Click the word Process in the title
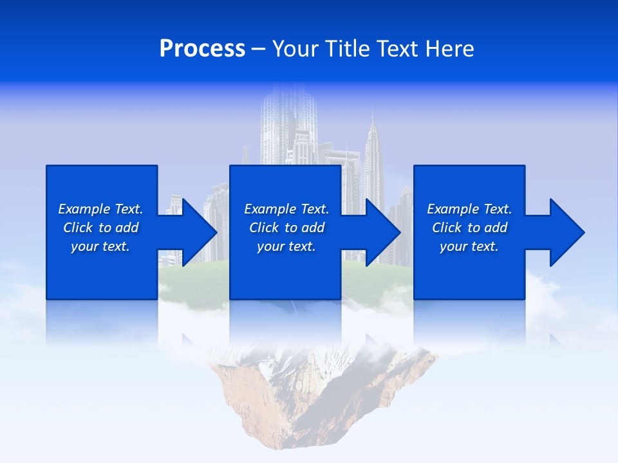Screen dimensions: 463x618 (202, 49)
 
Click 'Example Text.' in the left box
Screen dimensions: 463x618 (100, 209)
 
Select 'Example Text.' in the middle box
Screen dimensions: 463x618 (286, 209)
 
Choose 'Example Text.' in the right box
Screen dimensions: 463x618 (469, 209)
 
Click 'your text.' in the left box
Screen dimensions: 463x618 (100, 246)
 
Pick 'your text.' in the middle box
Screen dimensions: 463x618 (286, 246)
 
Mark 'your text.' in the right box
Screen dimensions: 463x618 (469, 246)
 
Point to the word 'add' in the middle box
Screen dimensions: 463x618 (312, 228)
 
